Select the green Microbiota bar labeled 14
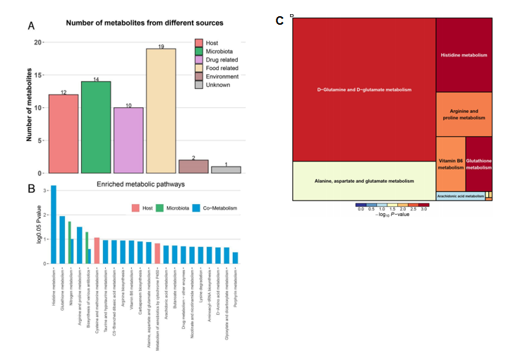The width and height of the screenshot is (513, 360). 96,127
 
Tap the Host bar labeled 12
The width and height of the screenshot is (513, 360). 64,133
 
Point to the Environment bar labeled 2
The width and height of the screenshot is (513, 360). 193,167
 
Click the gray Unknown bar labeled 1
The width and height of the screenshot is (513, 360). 226,169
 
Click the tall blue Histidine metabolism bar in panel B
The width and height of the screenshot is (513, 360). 54,224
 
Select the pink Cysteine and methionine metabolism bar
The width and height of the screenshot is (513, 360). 97,251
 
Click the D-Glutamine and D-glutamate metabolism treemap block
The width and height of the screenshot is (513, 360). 363,90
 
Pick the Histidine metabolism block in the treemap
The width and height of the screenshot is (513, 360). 464,54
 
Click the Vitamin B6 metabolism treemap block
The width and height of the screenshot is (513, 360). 450,164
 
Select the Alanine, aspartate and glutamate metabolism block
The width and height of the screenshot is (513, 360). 363,181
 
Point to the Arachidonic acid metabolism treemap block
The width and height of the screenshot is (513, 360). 460,196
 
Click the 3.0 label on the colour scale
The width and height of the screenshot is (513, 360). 424,210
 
